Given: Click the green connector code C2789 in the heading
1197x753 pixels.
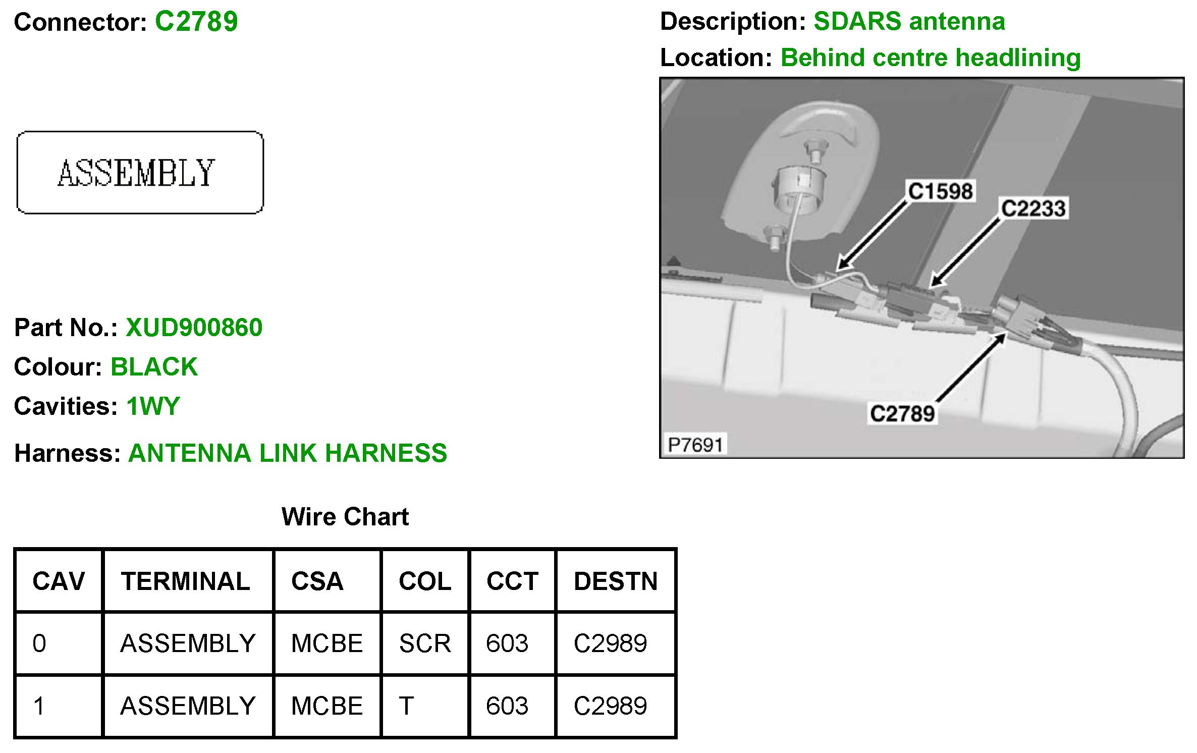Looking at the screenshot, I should click(x=196, y=22).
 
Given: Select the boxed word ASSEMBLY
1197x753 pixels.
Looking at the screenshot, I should click(x=136, y=173).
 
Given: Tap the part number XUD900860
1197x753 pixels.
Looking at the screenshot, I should click(x=194, y=328).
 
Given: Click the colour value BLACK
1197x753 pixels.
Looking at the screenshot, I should click(x=154, y=367).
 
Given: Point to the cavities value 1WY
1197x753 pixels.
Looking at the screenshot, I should click(x=153, y=406).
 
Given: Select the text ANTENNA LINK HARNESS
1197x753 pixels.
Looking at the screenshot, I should click(x=288, y=453).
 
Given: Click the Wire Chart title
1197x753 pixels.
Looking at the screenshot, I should click(x=345, y=517).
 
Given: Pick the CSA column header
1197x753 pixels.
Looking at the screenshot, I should click(x=317, y=581).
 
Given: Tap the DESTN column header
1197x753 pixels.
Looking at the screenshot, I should click(x=616, y=581).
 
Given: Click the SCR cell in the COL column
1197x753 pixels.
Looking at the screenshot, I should click(x=425, y=643).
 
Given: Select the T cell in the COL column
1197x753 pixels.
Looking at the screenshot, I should click(x=407, y=706).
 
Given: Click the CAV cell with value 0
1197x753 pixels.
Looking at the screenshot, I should click(x=39, y=643).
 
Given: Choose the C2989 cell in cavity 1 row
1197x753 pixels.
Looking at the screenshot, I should click(x=610, y=706).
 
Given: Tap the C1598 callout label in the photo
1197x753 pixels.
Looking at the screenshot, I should click(x=940, y=192).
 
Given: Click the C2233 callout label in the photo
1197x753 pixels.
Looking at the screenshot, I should click(x=1033, y=208).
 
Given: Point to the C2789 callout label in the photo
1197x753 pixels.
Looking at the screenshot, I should click(x=902, y=414).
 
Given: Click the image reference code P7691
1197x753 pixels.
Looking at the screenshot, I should click(x=695, y=445).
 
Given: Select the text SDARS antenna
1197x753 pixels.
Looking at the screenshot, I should click(x=909, y=22).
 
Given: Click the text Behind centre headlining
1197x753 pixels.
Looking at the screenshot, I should click(x=931, y=58).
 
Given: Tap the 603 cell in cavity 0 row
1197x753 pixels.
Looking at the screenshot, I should click(x=507, y=643).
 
